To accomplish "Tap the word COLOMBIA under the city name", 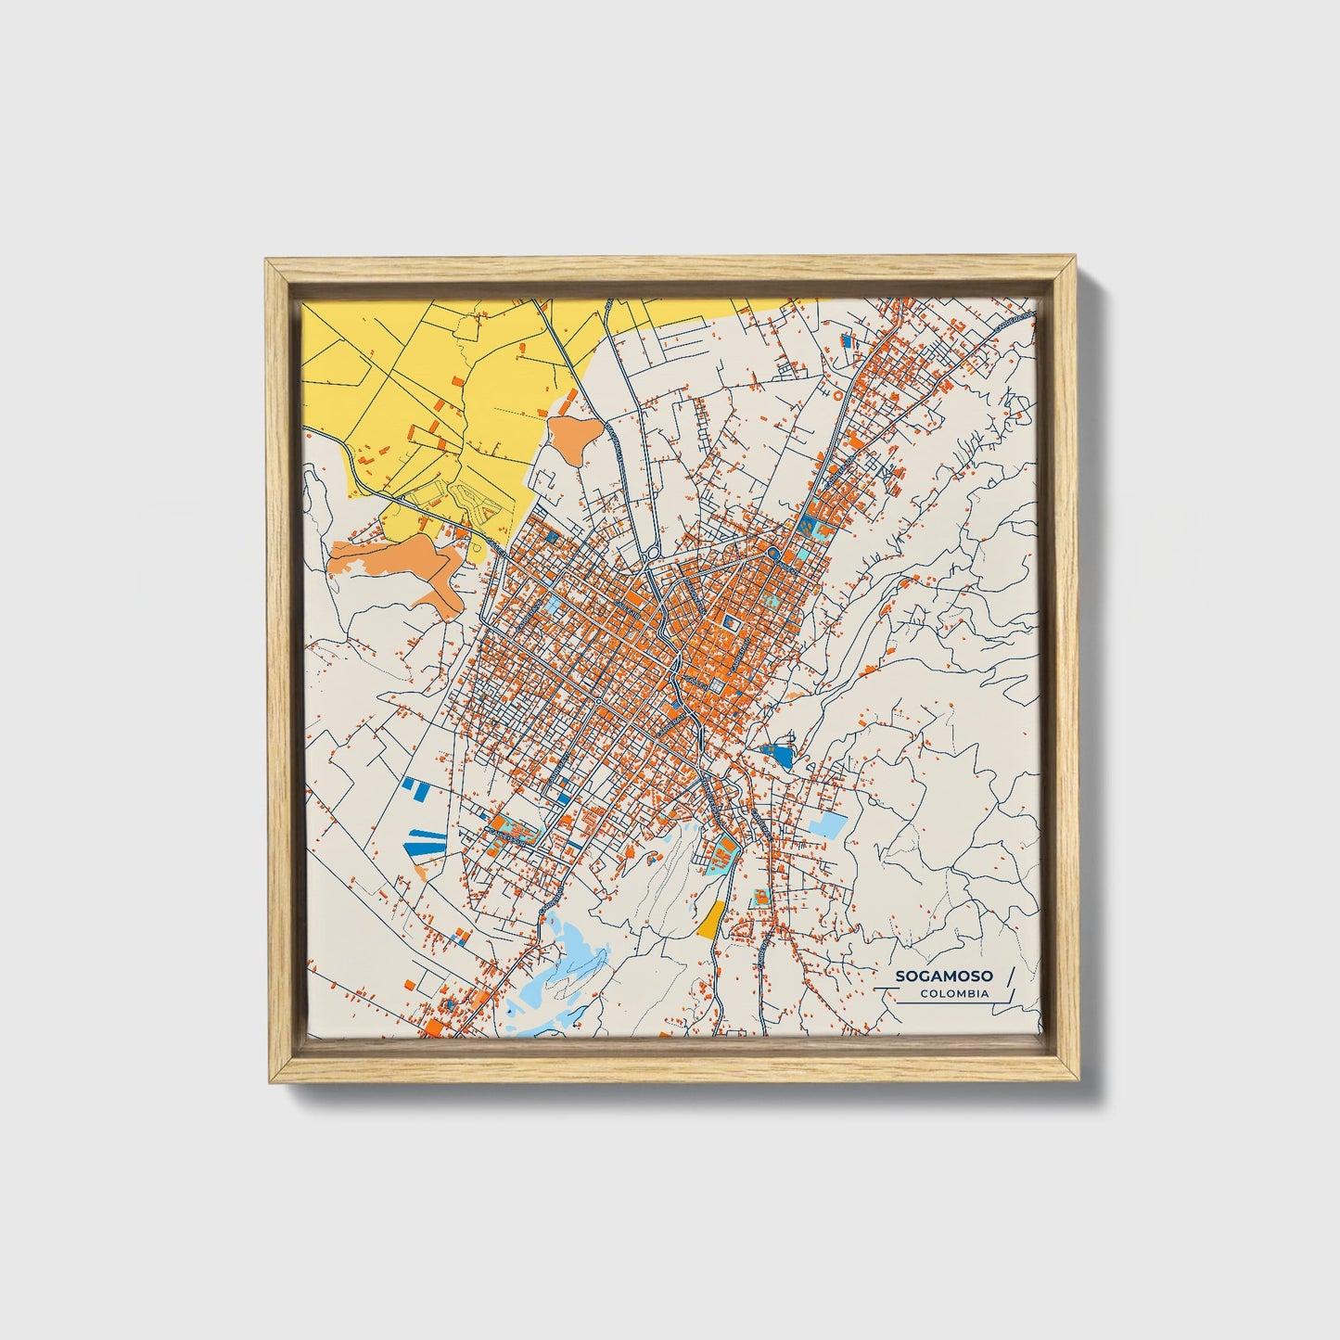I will click(954, 994).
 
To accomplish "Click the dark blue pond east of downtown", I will click(780, 757).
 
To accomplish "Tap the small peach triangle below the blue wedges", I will click(422, 873).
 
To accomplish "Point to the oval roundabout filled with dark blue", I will click(772, 555).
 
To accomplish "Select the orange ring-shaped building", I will click(838, 394).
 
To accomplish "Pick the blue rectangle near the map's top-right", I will click(845, 341).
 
